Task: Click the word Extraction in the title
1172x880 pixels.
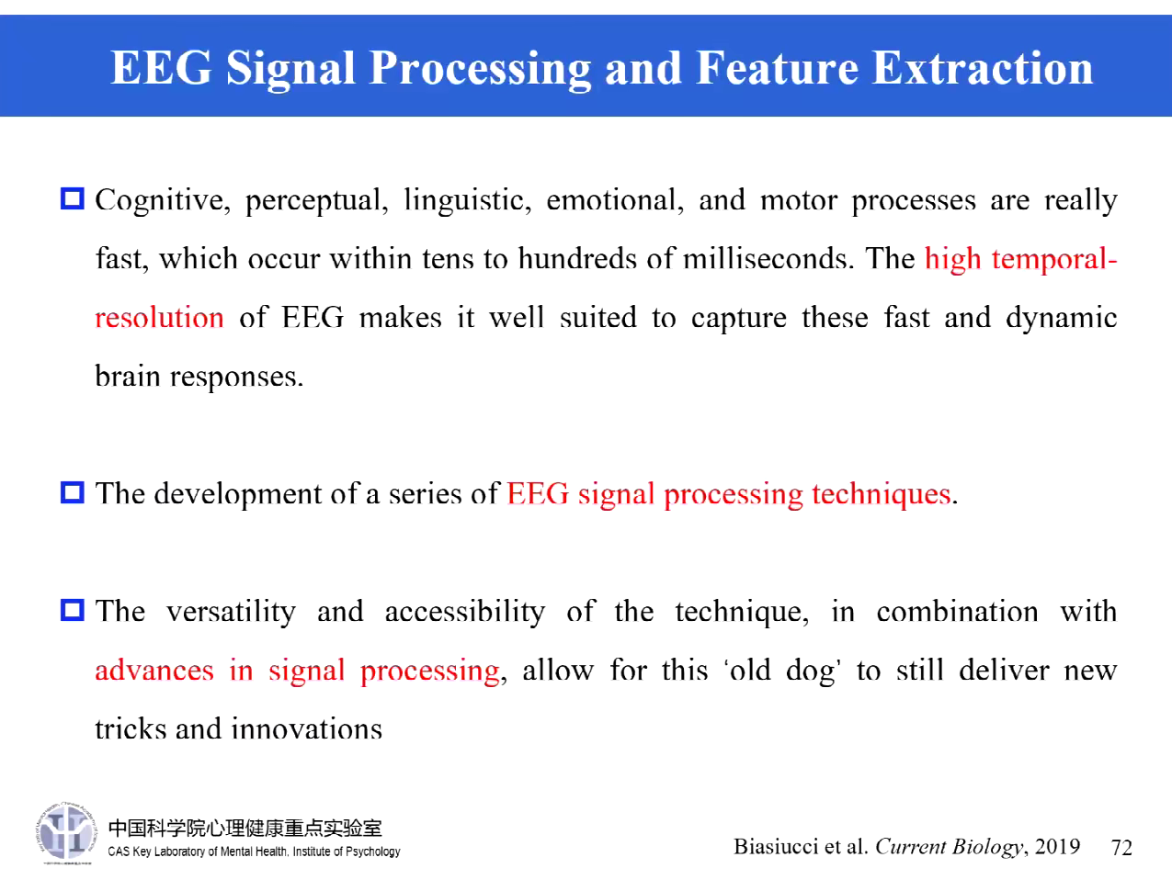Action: click(x=982, y=68)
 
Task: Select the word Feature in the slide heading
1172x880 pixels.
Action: click(x=774, y=68)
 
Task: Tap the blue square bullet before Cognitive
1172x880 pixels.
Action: click(x=72, y=198)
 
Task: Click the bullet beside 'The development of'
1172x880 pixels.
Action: click(x=72, y=492)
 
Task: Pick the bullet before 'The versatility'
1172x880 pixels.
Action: click(x=72, y=610)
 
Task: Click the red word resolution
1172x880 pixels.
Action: click(x=159, y=318)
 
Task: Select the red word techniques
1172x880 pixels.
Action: click(x=881, y=494)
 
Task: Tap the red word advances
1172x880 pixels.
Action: click(x=154, y=670)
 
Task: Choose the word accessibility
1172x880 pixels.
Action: click(x=464, y=612)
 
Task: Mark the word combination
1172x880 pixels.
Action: click(x=956, y=612)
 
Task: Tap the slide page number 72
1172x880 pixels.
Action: click(x=1121, y=847)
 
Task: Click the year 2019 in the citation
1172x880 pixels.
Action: click(x=1057, y=846)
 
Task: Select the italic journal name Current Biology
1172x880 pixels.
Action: click(x=949, y=847)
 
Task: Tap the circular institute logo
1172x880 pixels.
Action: click(x=66, y=833)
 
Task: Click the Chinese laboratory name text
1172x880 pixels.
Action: click(x=245, y=828)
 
